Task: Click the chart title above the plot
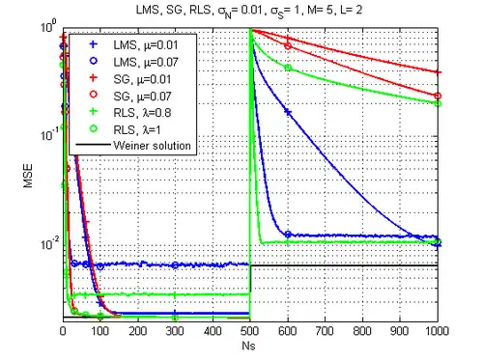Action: (249, 11)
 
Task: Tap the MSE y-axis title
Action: (28, 176)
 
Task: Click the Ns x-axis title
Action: (248, 346)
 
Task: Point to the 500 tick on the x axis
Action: (250, 331)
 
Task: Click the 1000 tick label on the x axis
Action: (438, 331)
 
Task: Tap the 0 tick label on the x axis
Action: (63, 331)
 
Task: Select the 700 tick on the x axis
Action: (325, 331)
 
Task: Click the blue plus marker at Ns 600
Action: (288, 112)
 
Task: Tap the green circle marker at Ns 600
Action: (288, 68)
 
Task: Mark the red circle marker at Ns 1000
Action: (438, 96)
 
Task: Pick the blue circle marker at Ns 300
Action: (175, 265)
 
